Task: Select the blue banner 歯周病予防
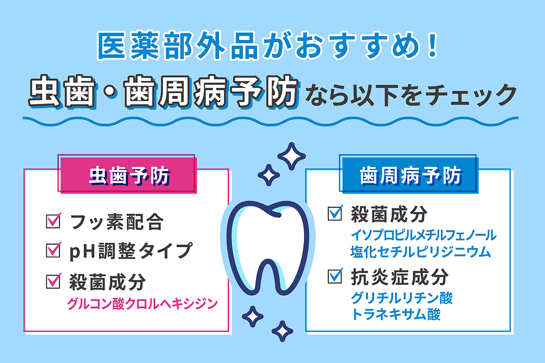coord(411,175)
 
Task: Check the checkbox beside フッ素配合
coord(54,222)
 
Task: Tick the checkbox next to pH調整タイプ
coord(54,250)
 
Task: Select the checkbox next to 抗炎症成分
coord(335,275)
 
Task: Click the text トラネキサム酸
coord(395,314)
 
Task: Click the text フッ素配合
coord(116,223)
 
